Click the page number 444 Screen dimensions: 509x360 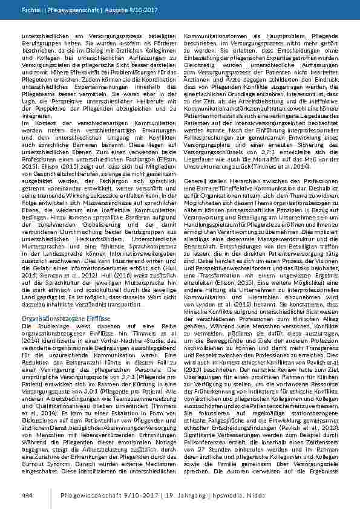tap(27, 495)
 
